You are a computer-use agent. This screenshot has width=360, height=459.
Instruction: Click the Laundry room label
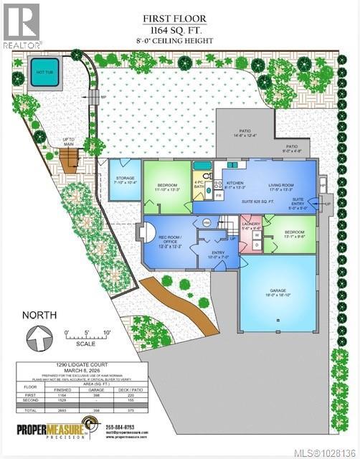251,226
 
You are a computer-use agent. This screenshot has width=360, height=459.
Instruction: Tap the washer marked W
256,234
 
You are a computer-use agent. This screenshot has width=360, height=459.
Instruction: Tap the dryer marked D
256,245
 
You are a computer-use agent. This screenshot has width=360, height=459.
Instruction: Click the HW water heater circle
207,222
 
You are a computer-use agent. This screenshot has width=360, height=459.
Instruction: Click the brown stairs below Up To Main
70,162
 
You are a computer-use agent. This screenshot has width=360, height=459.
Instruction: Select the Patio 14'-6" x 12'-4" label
245,133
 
